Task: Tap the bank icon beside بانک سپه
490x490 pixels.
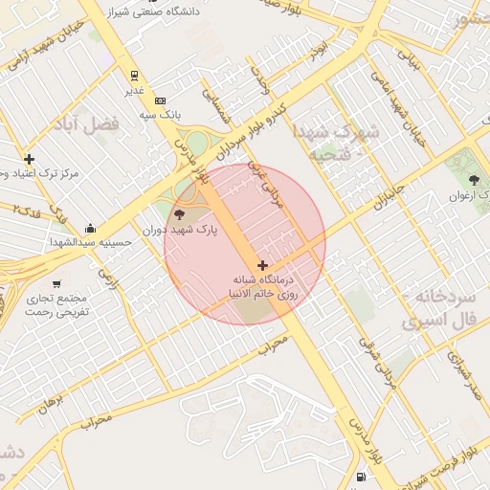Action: (160, 100)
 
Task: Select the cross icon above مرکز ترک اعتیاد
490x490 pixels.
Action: (30, 159)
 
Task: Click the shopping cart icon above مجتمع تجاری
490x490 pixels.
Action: (56, 283)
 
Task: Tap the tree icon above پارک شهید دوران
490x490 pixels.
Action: (180, 213)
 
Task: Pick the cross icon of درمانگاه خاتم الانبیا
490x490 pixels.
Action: (262, 265)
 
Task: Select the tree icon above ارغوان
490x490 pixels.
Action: (475, 180)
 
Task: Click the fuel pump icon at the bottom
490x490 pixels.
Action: (360, 477)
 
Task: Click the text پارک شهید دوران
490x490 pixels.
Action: (181, 231)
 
